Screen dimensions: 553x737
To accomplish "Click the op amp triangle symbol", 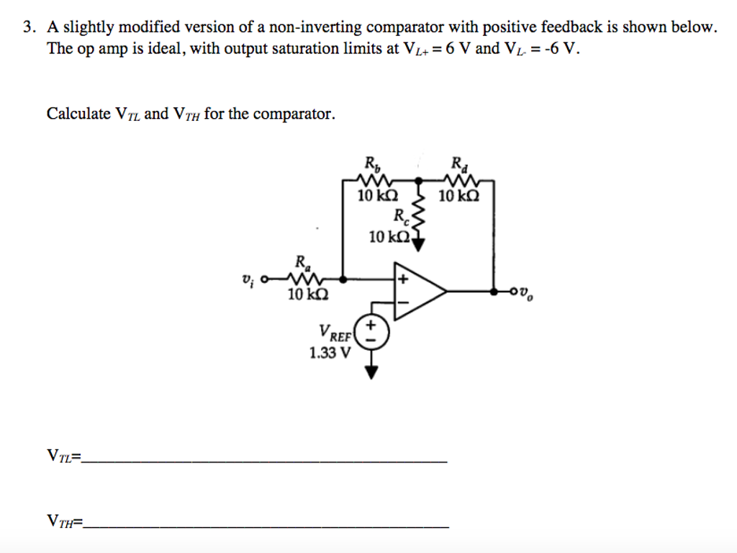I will [x=417, y=292].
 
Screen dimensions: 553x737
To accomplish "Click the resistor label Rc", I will [x=400, y=216].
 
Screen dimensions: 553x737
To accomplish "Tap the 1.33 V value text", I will [x=330, y=353].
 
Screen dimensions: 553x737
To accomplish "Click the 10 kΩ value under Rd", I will [x=458, y=195].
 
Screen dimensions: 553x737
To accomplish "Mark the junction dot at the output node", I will [x=493, y=292].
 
